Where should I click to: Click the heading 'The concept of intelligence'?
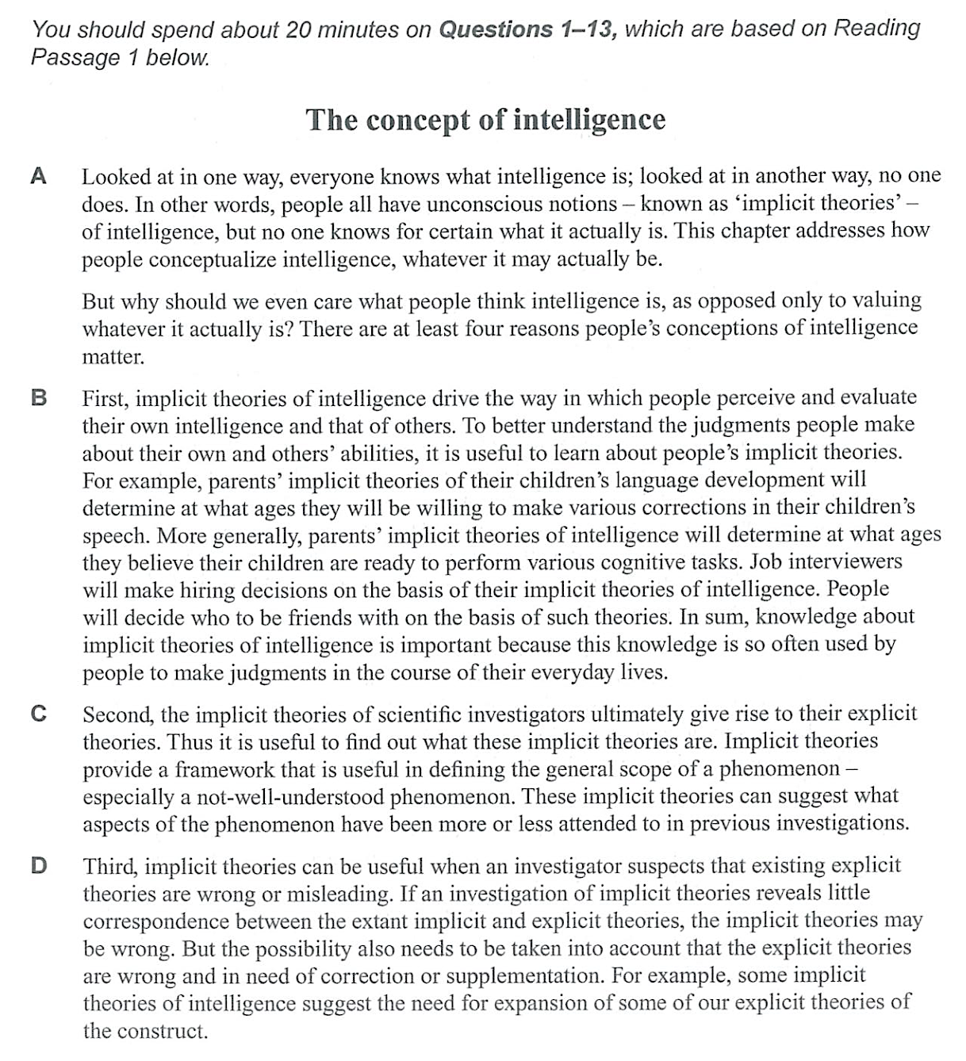485,120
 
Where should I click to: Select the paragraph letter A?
38,175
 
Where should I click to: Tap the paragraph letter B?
38,397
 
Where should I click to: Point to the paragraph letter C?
38,714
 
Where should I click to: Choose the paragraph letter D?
38,864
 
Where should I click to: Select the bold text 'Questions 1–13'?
527,30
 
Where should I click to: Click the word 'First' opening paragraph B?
107,397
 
